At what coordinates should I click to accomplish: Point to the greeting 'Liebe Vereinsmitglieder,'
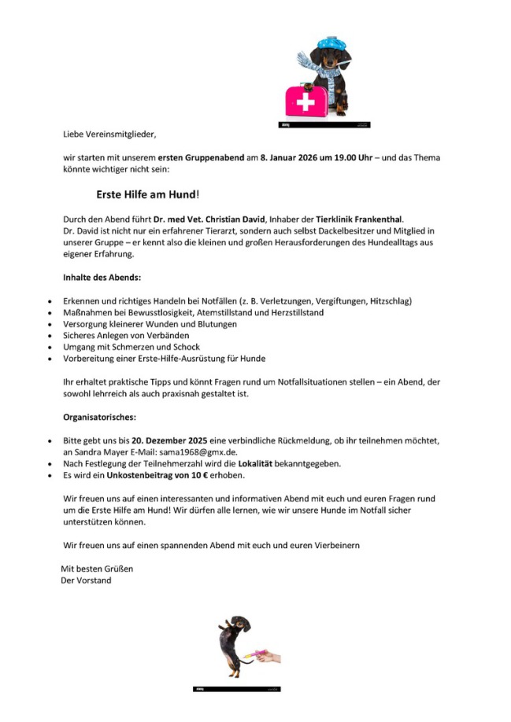(x=115, y=134)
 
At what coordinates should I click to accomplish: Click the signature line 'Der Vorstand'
(x=86, y=580)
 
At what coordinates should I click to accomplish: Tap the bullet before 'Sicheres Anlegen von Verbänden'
(x=50, y=336)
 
